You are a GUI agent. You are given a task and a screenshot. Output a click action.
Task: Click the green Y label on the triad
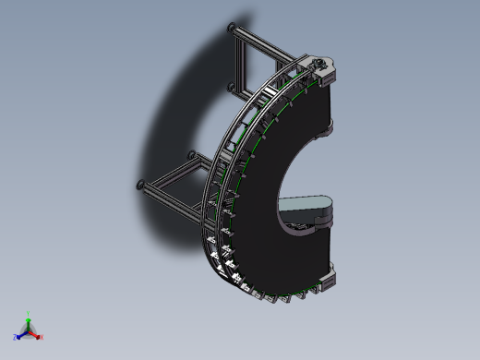(x=29, y=313)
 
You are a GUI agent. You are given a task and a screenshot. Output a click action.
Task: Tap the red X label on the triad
(x=42, y=337)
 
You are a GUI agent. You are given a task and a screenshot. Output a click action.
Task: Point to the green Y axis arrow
(x=29, y=320)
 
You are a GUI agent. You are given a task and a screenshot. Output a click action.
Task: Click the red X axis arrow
(x=36, y=334)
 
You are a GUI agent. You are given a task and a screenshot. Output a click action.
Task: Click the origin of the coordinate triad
(x=29, y=330)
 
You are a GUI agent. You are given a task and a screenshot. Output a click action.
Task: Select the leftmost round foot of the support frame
(x=140, y=184)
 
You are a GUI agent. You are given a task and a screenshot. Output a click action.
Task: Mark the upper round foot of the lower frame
(x=191, y=153)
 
